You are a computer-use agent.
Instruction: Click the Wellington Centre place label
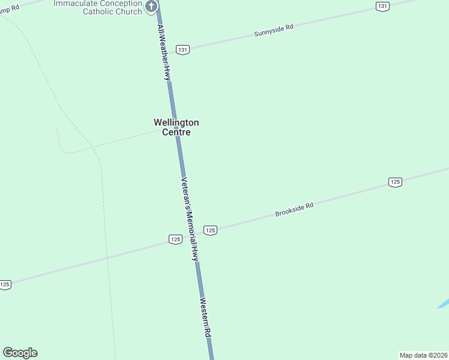176,127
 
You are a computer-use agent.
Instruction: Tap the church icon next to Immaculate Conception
152,7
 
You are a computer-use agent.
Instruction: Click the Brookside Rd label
295,209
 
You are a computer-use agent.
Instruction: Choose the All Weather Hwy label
164,53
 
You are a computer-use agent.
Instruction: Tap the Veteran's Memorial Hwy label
190,219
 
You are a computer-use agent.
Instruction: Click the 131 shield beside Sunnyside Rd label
183,50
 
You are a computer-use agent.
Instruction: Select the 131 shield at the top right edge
382,6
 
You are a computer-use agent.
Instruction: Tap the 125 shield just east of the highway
210,230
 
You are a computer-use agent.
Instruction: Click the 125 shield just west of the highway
175,239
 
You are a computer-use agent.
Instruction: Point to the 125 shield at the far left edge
5,285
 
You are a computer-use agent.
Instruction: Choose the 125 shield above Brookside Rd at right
394,182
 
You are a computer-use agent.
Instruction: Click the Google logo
20,353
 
